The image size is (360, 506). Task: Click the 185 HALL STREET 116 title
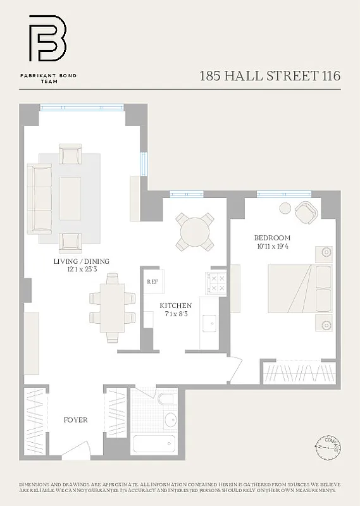click(270, 76)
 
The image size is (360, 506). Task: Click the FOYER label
click(75, 420)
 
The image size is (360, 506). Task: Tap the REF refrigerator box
click(152, 281)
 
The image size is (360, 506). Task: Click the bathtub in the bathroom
click(156, 443)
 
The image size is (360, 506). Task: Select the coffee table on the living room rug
click(70, 190)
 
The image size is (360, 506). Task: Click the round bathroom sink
click(170, 419)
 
